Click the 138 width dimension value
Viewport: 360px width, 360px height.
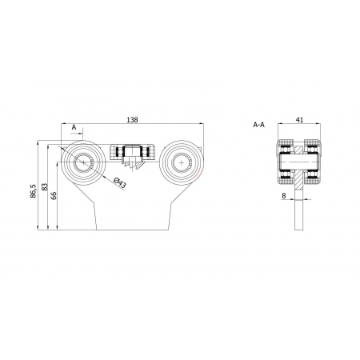click(133, 120)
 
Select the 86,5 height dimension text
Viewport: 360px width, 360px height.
click(33, 191)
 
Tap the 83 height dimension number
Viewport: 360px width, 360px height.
click(45, 186)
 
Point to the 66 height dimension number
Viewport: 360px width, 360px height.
click(54, 195)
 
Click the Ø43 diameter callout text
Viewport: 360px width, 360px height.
click(119, 183)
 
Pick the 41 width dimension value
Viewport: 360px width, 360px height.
click(300, 120)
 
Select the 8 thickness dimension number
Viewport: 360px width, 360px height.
click(284, 196)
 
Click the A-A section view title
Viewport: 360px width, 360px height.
click(258, 125)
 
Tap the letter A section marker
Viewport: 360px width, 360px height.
click(74, 127)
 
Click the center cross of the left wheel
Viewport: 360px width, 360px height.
click(83, 162)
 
